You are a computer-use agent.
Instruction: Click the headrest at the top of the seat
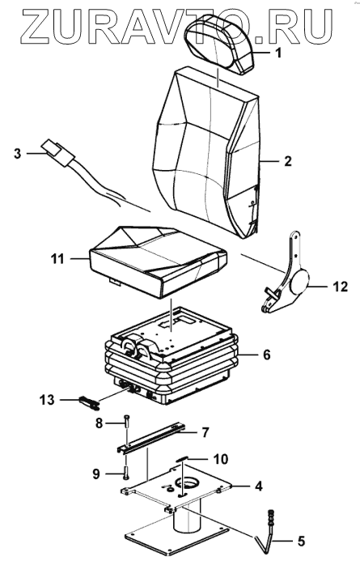coord(219,44)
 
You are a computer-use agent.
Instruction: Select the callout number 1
coord(278,53)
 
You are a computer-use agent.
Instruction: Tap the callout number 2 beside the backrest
coord(287,161)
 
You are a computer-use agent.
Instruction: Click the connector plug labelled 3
coord(58,152)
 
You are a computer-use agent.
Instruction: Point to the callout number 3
coord(17,153)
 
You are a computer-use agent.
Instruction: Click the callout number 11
coord(57,259)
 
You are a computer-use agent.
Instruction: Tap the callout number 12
coord(340,287)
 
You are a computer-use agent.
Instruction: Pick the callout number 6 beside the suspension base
coord(266,355)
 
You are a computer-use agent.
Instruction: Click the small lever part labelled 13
coord(89,402)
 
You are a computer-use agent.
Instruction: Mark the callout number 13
coord(47,400)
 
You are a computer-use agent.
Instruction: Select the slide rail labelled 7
coord(151,439)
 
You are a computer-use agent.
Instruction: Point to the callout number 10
coord(220,459)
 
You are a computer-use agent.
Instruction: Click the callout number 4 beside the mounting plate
coord(259,486)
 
